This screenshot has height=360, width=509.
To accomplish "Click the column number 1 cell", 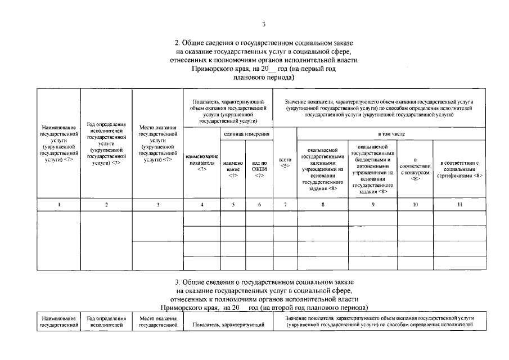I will pyautogui.click(x=58, y=205).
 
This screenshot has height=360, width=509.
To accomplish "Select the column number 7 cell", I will pyautogui.click(x=285, y=205).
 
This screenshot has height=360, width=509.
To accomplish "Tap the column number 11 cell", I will pyautogui.click(x=460, y=205).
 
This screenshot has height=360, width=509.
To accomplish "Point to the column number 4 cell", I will pyautogui.click(x=202, y=205).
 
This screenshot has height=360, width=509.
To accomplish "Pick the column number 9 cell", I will pyautogui.click(x=373, y=205).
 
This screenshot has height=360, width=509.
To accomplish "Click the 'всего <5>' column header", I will pyautogui.click(x=285, y=163).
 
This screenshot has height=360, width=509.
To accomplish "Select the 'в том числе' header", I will pyautogui.click(x=391, y=134).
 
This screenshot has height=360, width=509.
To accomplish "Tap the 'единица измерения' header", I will pyautogui.click(x=246, y=134).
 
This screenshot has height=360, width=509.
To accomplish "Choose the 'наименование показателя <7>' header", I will pyautogui.click(x=202, y=163).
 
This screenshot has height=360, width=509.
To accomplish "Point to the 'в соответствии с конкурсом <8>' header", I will pyautogui.click(x=415, y=169).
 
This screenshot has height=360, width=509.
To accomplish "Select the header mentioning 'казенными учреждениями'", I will pyautogui.click(x=322, y=169).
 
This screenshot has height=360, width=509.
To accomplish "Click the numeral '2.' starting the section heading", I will pyautogui.click(x=178, y=43).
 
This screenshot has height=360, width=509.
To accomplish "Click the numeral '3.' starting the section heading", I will pyautogui.click(x=178, y=281).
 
